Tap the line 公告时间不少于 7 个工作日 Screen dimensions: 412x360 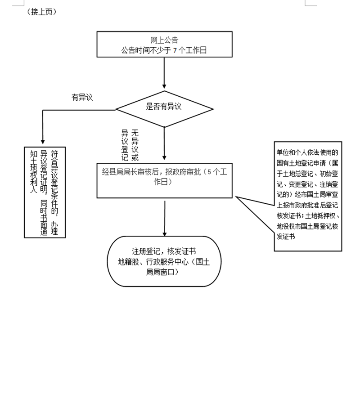164,51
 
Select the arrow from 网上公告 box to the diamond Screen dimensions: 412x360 164,72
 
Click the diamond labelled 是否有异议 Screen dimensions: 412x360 164,107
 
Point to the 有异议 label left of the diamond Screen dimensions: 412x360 82,97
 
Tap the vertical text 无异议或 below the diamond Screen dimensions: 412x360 135,145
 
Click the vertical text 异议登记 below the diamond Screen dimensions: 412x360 125,145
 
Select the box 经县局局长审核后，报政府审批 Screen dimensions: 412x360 164,179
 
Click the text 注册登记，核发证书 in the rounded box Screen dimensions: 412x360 164,251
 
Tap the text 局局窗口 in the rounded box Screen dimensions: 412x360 164,272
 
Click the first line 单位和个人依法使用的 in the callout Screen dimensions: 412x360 307,152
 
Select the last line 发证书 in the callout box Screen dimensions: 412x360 286,236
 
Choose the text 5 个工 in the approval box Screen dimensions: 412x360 218,171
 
